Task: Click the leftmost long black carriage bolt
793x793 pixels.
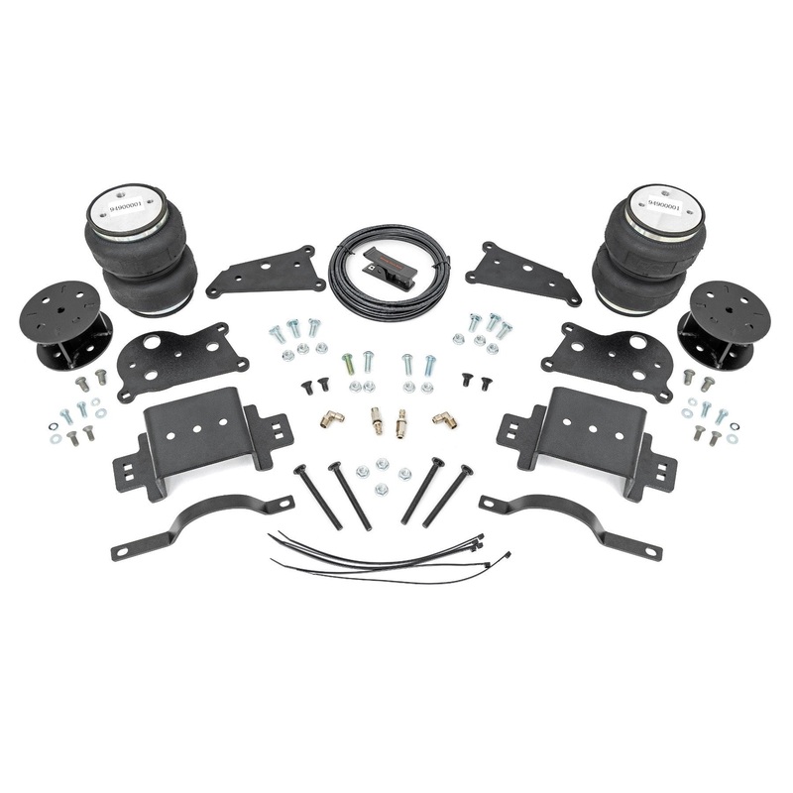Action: click(317, 496)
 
